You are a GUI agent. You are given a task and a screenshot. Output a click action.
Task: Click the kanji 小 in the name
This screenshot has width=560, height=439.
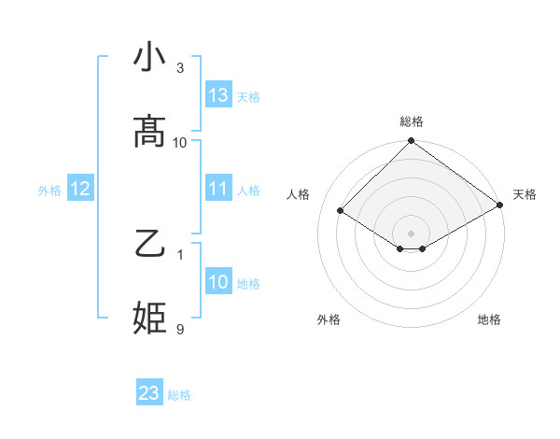click(x=150, y=57)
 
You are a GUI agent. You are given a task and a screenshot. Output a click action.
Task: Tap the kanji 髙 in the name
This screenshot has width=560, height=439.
click(x=150, y=132)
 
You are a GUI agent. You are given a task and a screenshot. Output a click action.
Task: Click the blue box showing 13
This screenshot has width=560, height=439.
click(x=218, y=94)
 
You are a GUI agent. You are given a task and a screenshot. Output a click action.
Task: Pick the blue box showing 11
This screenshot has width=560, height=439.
click(x=218, y=188)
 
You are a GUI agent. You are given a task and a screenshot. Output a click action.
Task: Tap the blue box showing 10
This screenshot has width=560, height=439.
click(x=218, y=281)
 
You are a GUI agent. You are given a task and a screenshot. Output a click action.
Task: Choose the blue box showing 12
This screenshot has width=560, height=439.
click(x=80, y=189)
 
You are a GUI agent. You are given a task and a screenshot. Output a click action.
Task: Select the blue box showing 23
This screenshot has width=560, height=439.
click(x=149, y=393)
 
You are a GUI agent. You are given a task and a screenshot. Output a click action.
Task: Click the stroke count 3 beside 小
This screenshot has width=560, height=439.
click(x=180, y=68)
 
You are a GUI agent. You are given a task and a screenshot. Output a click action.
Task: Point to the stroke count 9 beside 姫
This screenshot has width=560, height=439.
click(x=180, y=329)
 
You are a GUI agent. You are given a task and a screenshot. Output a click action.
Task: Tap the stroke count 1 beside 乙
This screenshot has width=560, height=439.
click(x=180, y=254)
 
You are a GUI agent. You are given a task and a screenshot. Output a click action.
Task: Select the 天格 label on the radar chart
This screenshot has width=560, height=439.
click(x=525, y=194)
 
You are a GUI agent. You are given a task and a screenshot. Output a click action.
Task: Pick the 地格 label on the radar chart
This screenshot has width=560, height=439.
click(x=489, y=319)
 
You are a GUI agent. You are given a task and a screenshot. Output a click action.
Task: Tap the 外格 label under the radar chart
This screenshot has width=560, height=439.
click(x=329, y=319)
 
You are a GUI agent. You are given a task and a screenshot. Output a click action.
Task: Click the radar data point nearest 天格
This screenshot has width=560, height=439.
click(x=499, y=205)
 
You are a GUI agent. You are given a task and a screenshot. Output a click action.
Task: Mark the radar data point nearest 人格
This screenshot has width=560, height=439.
click(x=341, y=210)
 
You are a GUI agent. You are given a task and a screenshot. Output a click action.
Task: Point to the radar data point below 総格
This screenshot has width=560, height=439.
click(x=412, y=142)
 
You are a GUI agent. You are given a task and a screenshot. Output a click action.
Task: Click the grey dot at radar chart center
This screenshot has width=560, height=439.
click(x=412, y=233)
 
